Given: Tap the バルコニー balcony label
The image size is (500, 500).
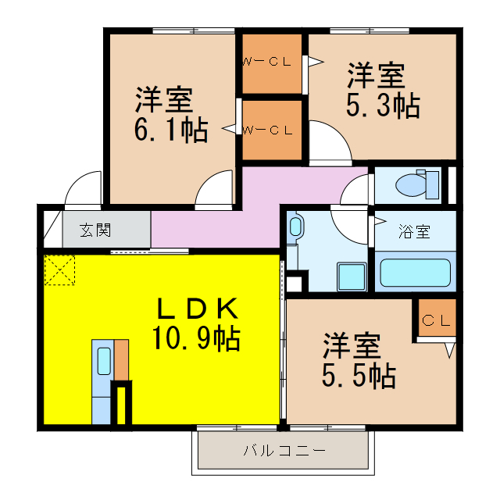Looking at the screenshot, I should pyautogui.click(x=284, y=451).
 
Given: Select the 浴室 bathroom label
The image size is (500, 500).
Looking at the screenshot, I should pyautogui.click(x=414, y=231).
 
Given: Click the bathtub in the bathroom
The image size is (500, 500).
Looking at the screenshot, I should pyautogui.click(x=414, y=273).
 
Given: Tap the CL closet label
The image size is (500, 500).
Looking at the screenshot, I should pyautogui.click(x=436, y=320).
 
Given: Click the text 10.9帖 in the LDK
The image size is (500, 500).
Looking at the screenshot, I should pyautogui.click(x=196, y=338).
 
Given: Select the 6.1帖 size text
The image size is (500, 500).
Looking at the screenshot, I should pyautogui.click(x=171, y=130).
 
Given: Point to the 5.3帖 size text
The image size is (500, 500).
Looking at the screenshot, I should pyautogui.click(x=383, y=105).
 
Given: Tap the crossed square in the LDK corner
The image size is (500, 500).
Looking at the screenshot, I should pyautogui.click(x=60, y=270).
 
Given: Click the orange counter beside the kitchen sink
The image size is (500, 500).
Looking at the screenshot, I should pyautogui.click(x=121, y=360).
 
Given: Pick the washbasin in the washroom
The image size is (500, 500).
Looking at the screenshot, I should pyautogui.click(x=295, y=228).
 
